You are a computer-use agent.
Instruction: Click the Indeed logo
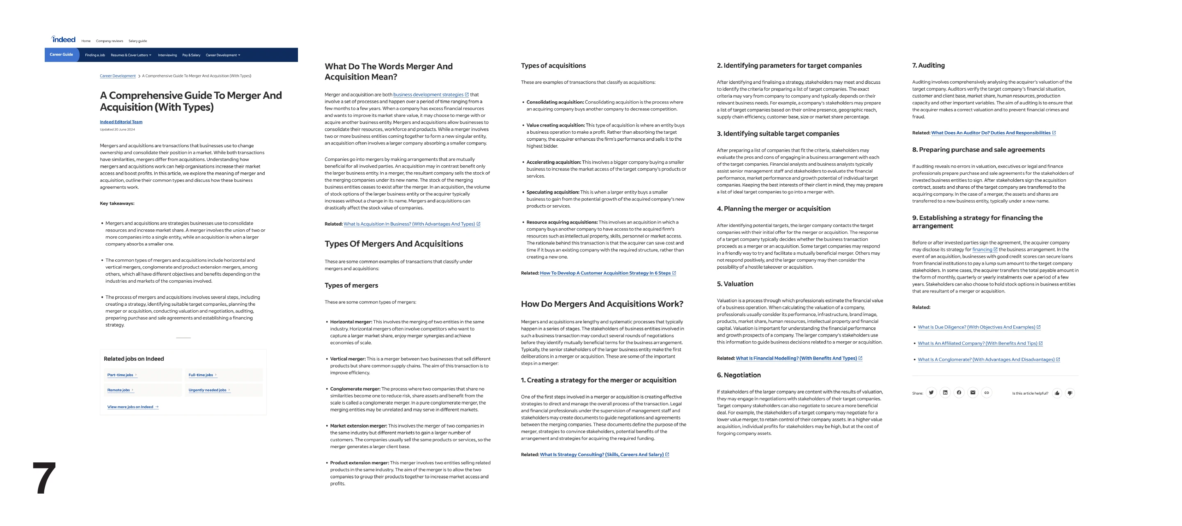(x=63, y=39)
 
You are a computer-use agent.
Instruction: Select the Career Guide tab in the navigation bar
(x=61, y=55)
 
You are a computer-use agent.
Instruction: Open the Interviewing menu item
(x=167, y=55)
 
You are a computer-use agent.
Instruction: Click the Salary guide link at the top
(x=137, y=41)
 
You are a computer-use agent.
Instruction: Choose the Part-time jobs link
(x=120, y=375)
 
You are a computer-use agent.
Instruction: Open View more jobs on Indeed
(x=131, y=407)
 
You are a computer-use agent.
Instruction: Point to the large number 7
(x=44, y=478)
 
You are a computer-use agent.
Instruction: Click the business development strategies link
(x=428, y=94)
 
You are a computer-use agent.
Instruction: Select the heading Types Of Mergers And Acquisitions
(x=394, y=244)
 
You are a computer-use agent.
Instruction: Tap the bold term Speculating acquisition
(x=552, y=192)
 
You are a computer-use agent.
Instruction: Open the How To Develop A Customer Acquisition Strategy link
(x=605, y=273)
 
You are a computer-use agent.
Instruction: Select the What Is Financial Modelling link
(x=796, y=358)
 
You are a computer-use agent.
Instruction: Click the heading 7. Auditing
(x=928, y=66)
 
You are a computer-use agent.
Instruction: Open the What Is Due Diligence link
(x=976, y=327)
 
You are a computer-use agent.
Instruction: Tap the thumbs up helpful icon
(x=1057, y=393)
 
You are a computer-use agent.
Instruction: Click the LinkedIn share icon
(x=945, y=393)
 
